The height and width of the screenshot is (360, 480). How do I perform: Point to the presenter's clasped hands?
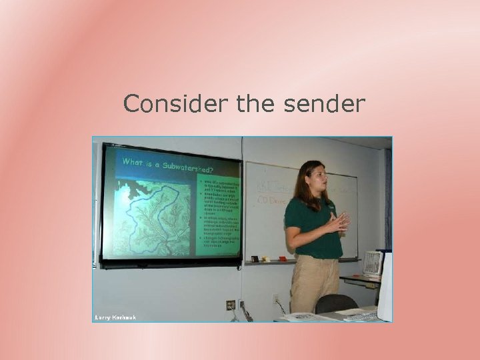(340, 222)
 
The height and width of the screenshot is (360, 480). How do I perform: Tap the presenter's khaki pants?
(313, 283)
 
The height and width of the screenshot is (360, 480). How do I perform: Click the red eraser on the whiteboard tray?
(283, 258)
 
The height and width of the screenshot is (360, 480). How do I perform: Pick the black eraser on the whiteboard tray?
(255, 259)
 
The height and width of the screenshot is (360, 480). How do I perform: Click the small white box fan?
(372, 263)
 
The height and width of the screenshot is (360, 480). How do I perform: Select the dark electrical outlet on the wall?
(230, 305)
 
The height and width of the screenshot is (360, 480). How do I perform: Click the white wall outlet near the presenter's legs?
(275, 299)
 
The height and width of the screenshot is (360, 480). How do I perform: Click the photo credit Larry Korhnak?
(115, 317)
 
